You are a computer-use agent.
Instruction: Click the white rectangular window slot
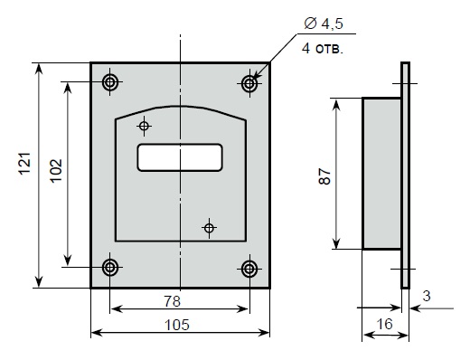pyautogui.click(x=180, y=157)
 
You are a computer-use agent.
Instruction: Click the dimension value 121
pyautogui.click(x=25, y=164)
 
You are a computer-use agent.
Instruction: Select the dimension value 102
pyautogui.click(x=56, y=171)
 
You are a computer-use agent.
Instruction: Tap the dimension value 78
pyautogui.click(x=173, y=301)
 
